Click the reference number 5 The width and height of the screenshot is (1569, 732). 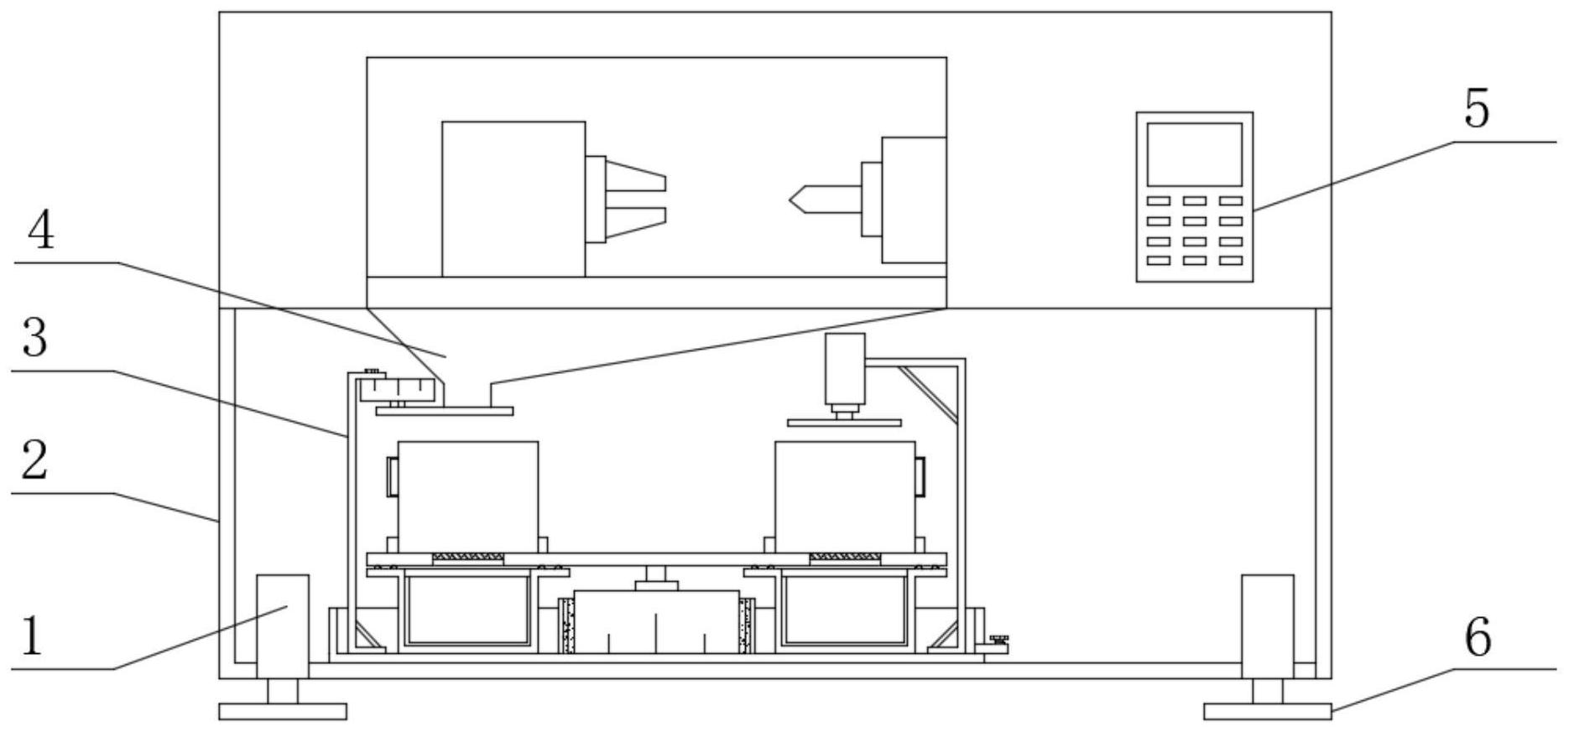coord(1476,109)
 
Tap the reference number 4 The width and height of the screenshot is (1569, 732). coord(40,231)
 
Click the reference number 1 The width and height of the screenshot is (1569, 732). coord(31,636)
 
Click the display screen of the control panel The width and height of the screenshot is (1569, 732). coord(1194,154)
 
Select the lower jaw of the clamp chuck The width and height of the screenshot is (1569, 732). coord(635,216)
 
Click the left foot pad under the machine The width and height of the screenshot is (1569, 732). coord(282,711)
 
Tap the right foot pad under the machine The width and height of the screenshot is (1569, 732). coord(1267,711)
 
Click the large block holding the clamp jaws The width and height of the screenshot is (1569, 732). coord(513,199)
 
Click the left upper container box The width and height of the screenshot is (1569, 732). coord(467,496)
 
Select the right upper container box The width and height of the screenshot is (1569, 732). coord(845,496)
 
